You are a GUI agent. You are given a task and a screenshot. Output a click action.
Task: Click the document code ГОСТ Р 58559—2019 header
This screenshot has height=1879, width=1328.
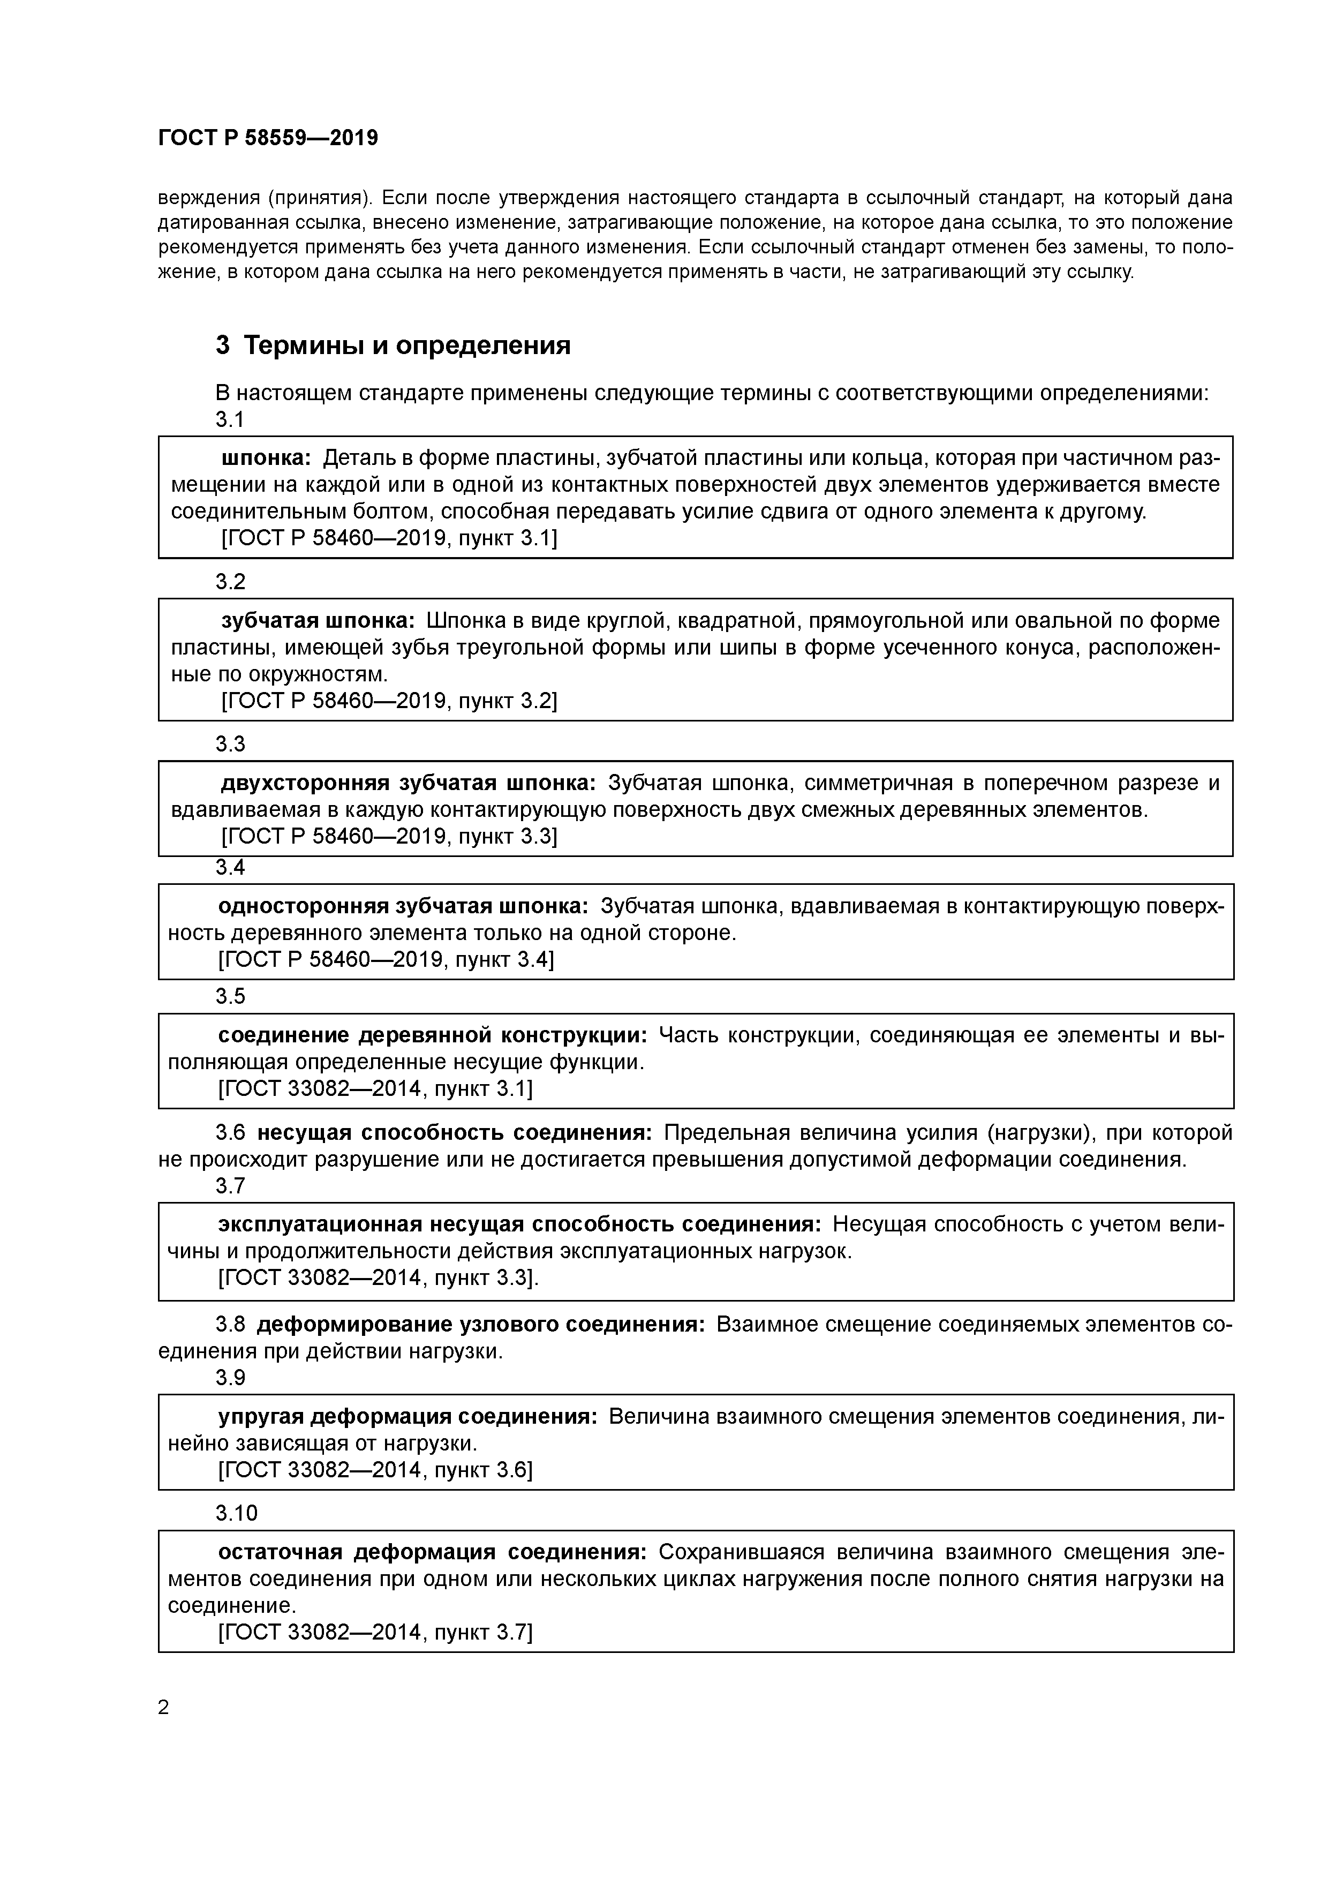[x=268, y=138]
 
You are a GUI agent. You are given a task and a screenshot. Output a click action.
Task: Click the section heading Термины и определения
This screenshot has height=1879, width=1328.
[x=406, y=345]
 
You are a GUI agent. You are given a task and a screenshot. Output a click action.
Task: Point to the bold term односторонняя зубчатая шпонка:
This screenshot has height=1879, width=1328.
[x=403, y=906]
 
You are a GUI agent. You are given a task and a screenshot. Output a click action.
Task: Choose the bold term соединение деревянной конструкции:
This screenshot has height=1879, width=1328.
[x=432, y=1035]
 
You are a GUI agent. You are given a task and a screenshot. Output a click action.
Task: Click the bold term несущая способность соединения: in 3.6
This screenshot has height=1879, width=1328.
[x=454, y=1133]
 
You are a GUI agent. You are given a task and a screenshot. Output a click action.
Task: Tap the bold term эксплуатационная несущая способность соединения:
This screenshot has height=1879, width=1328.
[x=519, y=1224]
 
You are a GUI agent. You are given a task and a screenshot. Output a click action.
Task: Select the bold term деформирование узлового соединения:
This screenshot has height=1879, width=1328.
[x=480, y=1324]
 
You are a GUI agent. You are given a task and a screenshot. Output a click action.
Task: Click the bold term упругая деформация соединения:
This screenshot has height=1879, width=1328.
[x=408, y=1417]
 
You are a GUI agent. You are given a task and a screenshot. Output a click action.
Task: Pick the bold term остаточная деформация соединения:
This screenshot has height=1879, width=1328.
[x=432, y=1552]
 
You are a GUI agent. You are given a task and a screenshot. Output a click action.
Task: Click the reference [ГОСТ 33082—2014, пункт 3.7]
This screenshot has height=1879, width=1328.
[x=375, y=1633]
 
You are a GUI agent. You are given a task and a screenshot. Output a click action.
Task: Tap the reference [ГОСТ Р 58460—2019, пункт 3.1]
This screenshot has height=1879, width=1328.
[x=389, y=538]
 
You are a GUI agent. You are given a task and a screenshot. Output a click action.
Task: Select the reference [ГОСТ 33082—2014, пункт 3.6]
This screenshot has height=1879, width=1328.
[x=375, y=1471]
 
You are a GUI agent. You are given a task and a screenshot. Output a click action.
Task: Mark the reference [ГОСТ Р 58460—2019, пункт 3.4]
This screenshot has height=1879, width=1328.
[x=386, y=959]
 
